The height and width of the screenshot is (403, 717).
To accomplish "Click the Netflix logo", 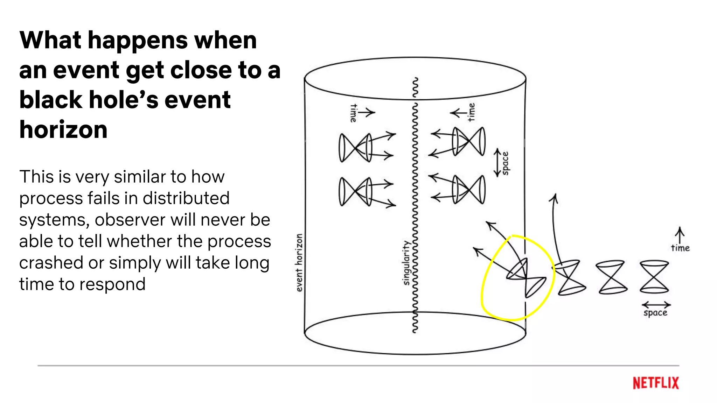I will (655, 383).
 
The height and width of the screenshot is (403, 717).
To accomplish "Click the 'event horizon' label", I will (299, 262).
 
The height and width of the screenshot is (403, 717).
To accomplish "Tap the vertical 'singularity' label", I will (406, 262).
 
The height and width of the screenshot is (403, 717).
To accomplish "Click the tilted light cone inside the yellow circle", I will (525, 278).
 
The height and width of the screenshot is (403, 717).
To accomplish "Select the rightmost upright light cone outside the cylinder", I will (654, 276).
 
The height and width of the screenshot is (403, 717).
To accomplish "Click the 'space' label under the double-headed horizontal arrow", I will (655, 312).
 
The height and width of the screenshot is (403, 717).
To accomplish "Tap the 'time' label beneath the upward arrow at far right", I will (680, 248).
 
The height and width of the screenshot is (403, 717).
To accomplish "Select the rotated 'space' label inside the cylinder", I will (505, 163).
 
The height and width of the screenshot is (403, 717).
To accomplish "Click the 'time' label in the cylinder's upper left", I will (354, 113).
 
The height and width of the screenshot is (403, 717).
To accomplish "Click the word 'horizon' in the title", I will (63, 130).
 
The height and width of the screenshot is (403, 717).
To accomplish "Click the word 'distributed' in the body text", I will (186, 198).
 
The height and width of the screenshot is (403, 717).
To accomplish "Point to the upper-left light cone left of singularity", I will (355, 147).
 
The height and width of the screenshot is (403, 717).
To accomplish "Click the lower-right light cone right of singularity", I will (469, 189).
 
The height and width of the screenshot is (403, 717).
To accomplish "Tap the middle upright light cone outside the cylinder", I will (611, 276).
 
